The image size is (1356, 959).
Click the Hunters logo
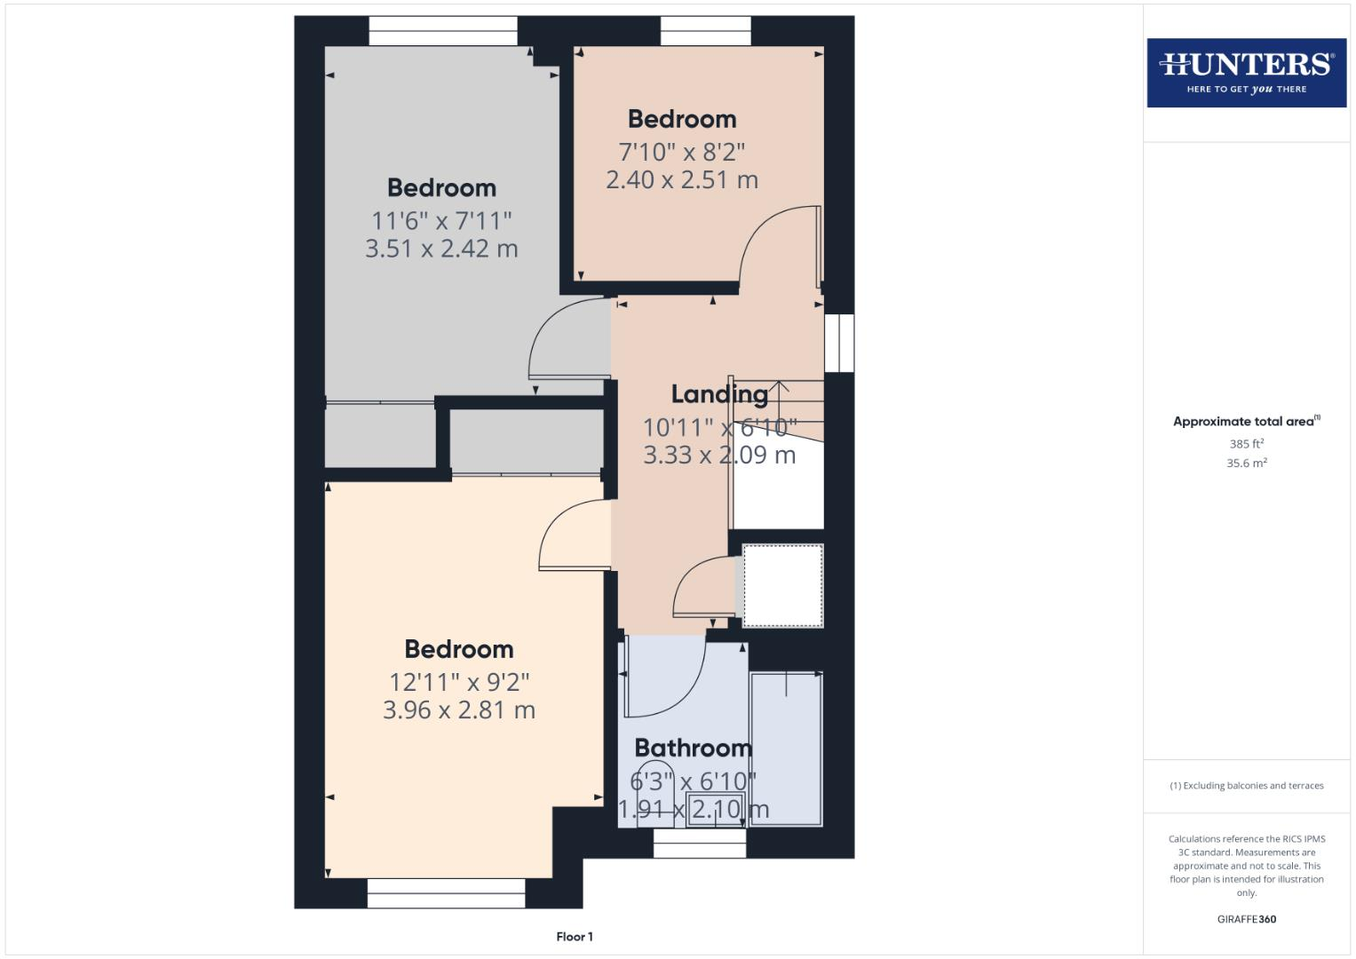pyautogui.click(x=1246, y=73)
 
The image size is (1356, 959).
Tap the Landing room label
pyautogui.click(x=719, y=394)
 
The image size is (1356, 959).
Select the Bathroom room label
pyautogui.click(x=693, y=748)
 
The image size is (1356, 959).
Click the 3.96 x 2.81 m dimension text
pyautogui.click(x=459, y=710)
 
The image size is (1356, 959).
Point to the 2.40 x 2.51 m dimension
pyautogui.click(x=682, y=180)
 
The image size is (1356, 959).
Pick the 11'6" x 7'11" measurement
pyautogui.click(x=441, y=220)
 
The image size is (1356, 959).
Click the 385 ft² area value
pyautogui.click(x=1246, y=444)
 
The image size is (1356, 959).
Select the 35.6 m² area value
pyautogui.click(x=1246, y=464)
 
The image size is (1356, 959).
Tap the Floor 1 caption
pyautogui.click(x=575, y=937)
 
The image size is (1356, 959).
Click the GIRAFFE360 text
pyautogui.click(x=1246, y=919)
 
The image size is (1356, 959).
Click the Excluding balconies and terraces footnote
pyautogui.click(x=1246, y=786)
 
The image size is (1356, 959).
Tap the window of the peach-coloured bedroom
pyautogui.click(x=706, y=31)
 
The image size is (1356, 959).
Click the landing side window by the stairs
pyautogui.click(x=838, y=343)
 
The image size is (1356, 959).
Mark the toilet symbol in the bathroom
pyautogui.click(x=658, y=786)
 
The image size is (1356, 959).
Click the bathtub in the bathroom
pyautogui.click(x=786, y=749)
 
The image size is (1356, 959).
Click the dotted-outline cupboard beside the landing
pyautogui.click(x=782, y=586)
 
